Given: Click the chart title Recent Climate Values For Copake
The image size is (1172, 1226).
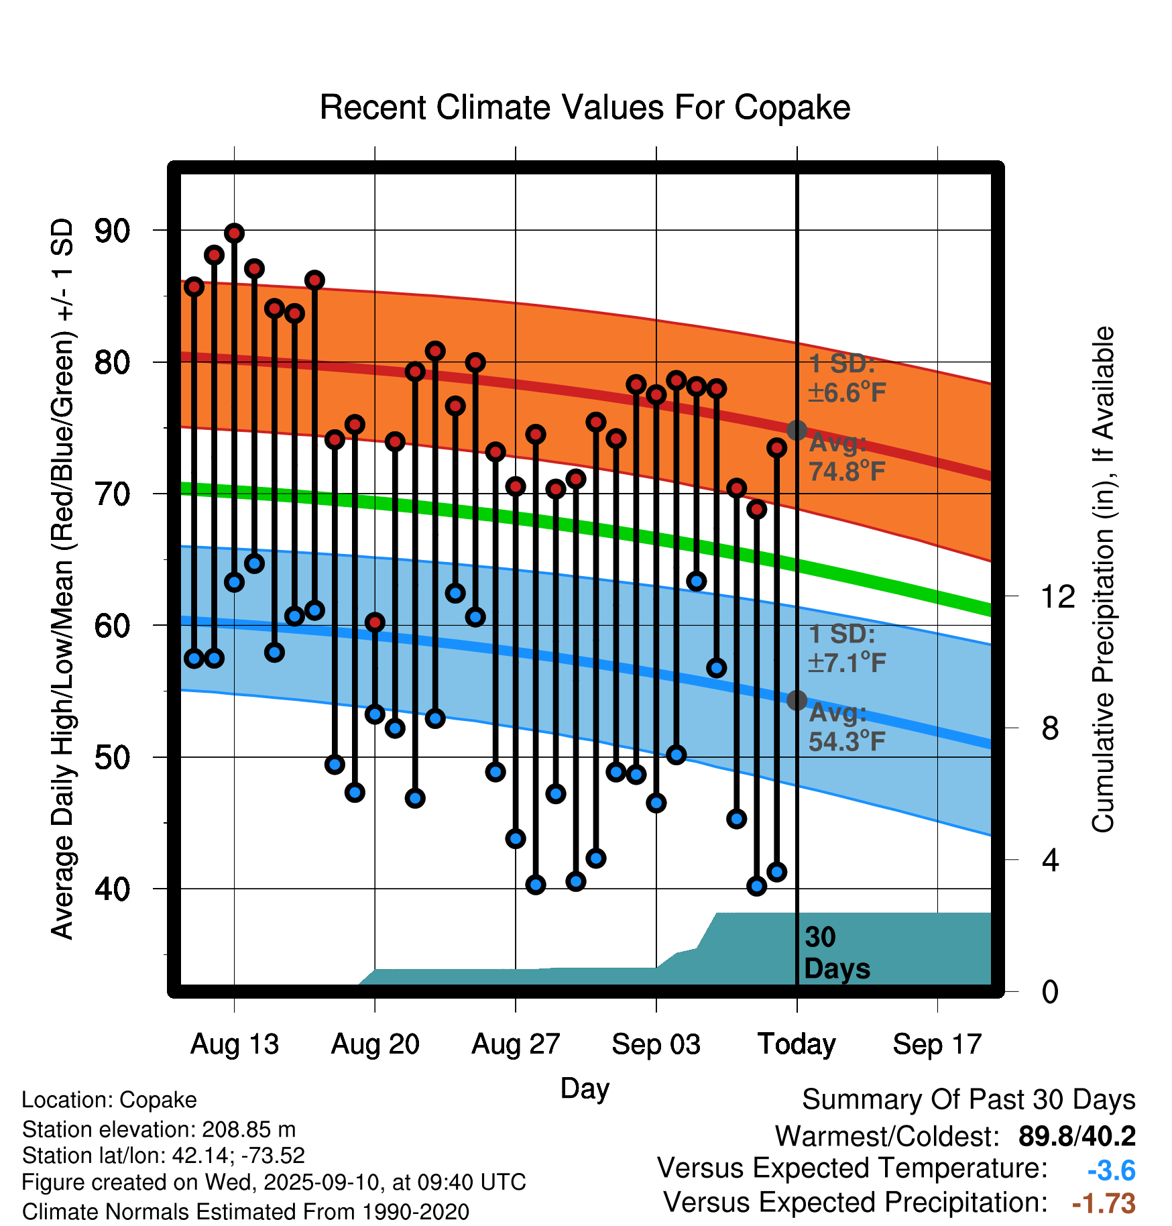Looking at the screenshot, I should point(585,107).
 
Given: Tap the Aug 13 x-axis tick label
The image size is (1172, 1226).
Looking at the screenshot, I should point(234,1044).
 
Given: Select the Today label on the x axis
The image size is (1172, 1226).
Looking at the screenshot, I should point(797,1044).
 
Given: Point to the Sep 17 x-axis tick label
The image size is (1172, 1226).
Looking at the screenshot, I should point(937,1044).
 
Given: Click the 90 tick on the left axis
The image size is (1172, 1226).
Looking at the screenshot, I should point(112,231).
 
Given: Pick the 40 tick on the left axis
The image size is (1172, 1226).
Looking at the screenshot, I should point(112,889).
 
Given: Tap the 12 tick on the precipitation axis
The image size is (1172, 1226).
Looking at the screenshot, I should point(1057,596).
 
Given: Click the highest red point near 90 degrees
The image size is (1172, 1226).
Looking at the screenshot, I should point(234,233).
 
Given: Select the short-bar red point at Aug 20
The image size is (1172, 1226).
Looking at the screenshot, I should point(375,622).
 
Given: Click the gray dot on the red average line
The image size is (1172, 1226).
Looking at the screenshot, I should point(797,430).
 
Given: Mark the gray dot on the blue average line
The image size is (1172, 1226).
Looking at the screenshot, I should point(797,700).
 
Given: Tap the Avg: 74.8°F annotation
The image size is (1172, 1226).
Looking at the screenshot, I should point(846,457).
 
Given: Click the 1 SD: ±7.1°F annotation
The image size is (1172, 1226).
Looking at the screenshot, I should point(846,649).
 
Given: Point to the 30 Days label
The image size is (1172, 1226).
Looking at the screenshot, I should point(836,953).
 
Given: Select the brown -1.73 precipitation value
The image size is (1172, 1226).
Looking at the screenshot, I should point(1104,1204).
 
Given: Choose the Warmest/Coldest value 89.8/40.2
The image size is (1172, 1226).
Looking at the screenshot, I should point(1077,1136).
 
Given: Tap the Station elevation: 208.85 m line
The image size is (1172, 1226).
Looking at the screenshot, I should point(159,1129).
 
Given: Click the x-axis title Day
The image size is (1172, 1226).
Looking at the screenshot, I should point(585,1088).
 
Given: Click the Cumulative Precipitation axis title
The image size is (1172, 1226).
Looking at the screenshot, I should point(1103,579).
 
